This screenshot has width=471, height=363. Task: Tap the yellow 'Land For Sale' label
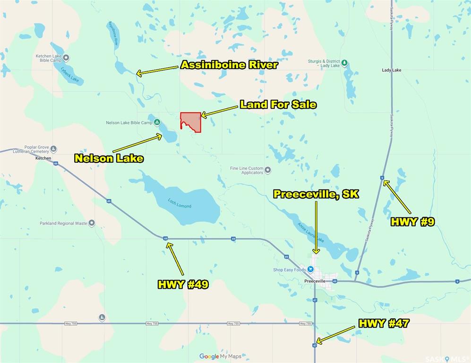(278, 104)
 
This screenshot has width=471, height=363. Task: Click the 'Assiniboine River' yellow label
(229, 65)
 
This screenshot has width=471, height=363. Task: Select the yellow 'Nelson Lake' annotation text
(109, 159)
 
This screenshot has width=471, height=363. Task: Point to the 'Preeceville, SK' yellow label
(317, 194)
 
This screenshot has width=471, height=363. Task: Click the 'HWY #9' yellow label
(412, 222)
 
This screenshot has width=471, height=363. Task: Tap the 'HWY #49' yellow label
(183, 285)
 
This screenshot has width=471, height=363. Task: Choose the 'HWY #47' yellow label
(384, 324)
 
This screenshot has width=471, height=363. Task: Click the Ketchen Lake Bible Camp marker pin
(66, 58)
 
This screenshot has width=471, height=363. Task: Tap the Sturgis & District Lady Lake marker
(345, 63)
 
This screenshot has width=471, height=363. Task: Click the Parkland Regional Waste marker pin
(92, 223)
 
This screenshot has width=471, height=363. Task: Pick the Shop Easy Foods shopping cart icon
(310, 269)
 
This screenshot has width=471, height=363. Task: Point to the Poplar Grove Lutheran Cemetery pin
(54, 149)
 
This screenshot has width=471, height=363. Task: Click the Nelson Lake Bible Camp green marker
(157, 122)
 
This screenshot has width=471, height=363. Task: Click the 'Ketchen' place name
(43, 158)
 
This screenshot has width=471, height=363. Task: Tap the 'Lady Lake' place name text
(392, 70)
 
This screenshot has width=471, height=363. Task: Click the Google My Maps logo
(220, 356)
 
